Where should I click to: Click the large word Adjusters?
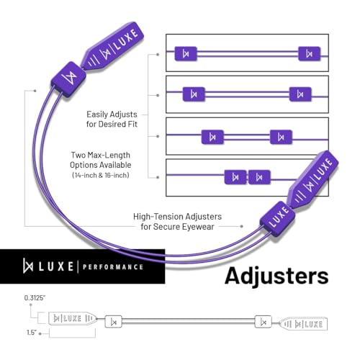point(276,276)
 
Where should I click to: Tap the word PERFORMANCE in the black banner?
point(113,267)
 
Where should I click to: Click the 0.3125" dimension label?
point(35,298)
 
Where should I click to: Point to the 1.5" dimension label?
point(32,333)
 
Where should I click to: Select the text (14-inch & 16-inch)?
point(101,175)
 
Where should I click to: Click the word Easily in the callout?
point(96,114)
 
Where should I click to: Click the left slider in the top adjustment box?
point(186,53)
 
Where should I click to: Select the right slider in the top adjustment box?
point(310,53)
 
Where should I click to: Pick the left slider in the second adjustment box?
point(194,94)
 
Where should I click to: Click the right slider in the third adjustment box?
point(281,137)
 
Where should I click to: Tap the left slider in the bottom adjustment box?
point(235,177)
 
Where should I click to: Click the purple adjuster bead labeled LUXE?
point(278,218)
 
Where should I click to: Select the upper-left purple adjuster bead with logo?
point(68,79)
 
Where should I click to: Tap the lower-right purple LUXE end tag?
point(313,180)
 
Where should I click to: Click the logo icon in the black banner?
point(28,266)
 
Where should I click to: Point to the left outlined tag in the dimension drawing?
point(73,318)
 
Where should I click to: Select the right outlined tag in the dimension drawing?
point(304,324)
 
